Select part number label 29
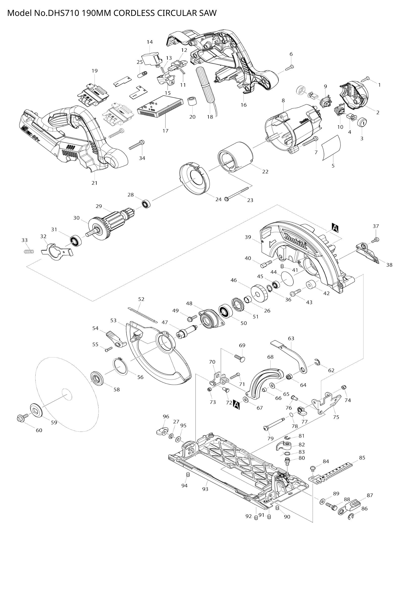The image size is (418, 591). (99, 206)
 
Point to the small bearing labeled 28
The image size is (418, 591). (147, 204)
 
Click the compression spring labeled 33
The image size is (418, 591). (28, 251)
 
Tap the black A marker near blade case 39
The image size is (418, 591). (335, 228)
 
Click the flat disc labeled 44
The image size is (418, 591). (288, 278)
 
